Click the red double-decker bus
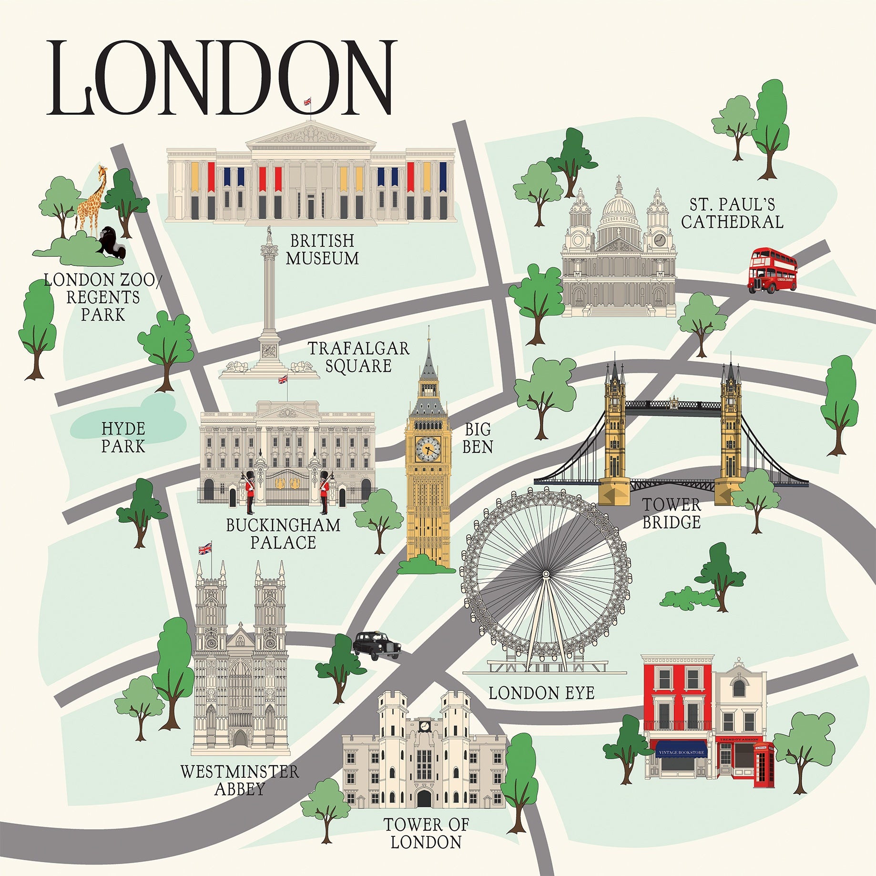point(772,270)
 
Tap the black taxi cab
point(377,645)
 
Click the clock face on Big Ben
point(428,448)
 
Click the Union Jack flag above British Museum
point(307,101)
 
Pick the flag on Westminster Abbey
point(205,549)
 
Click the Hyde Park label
point(123,438)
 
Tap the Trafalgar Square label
point(358,357)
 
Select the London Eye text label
point(541,693)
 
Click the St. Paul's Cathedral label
point(732,214)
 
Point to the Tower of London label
point(426,833)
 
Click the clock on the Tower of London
point(424,726)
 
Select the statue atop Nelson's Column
point(269,234)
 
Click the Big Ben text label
point(478,438)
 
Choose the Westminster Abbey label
point(240,780)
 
